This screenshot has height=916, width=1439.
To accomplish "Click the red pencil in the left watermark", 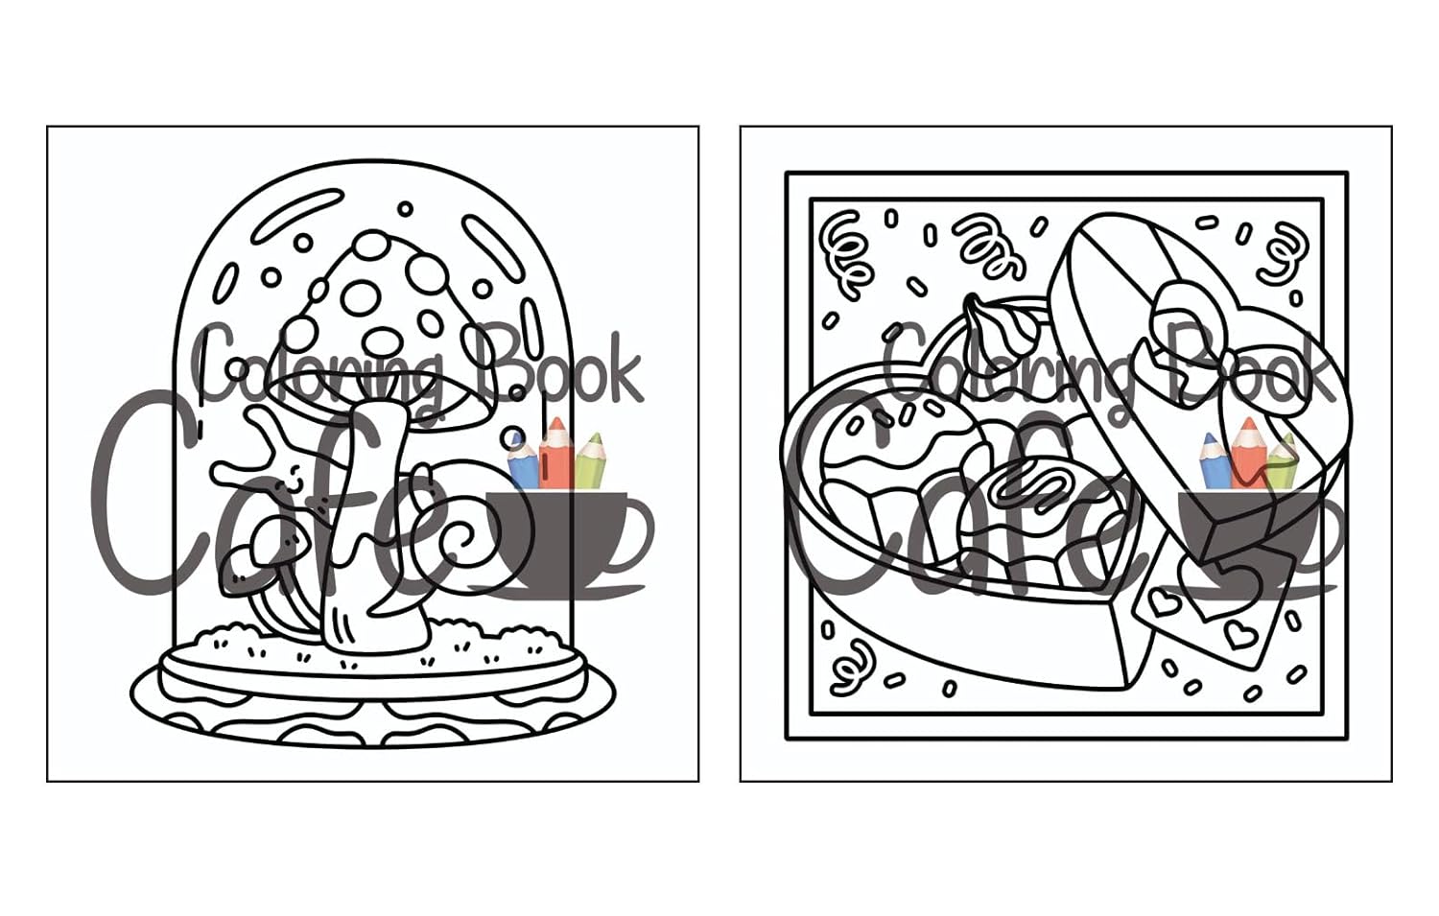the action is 555,452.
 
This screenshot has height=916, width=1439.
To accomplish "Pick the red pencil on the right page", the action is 1247,452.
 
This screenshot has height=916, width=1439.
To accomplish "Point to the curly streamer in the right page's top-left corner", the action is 847,254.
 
